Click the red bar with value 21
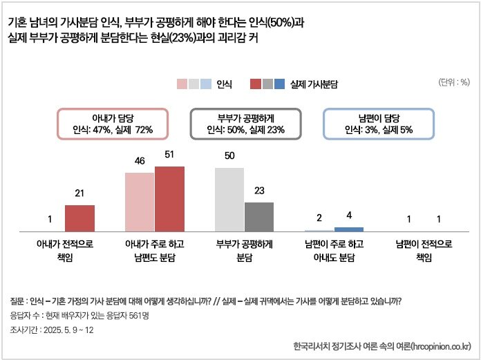79,218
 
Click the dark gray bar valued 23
259,216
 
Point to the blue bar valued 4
348,229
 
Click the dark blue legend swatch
280,84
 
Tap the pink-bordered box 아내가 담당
112,124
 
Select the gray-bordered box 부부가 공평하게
245,124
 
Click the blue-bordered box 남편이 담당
379,124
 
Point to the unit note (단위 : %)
454,82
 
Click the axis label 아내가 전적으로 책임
64,251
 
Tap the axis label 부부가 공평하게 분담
245,251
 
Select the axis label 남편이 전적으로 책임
423,251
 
